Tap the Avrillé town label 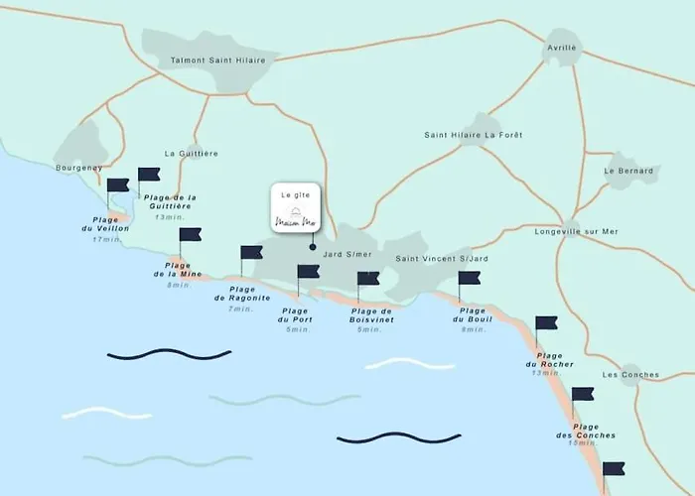[x=561, y=47]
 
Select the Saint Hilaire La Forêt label [x=473, y=134]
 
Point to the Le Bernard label [x=628, y=171]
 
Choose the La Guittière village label [x=192, y=153]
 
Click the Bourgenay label [x=79, y=168]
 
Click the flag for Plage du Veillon [x=118, y=185]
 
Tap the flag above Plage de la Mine [x=190, y=235]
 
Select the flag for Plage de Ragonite [x=251, y=253]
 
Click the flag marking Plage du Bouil [x=470, y=278]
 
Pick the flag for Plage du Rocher [x=546, y=323]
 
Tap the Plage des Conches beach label [x=586, y=431]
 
